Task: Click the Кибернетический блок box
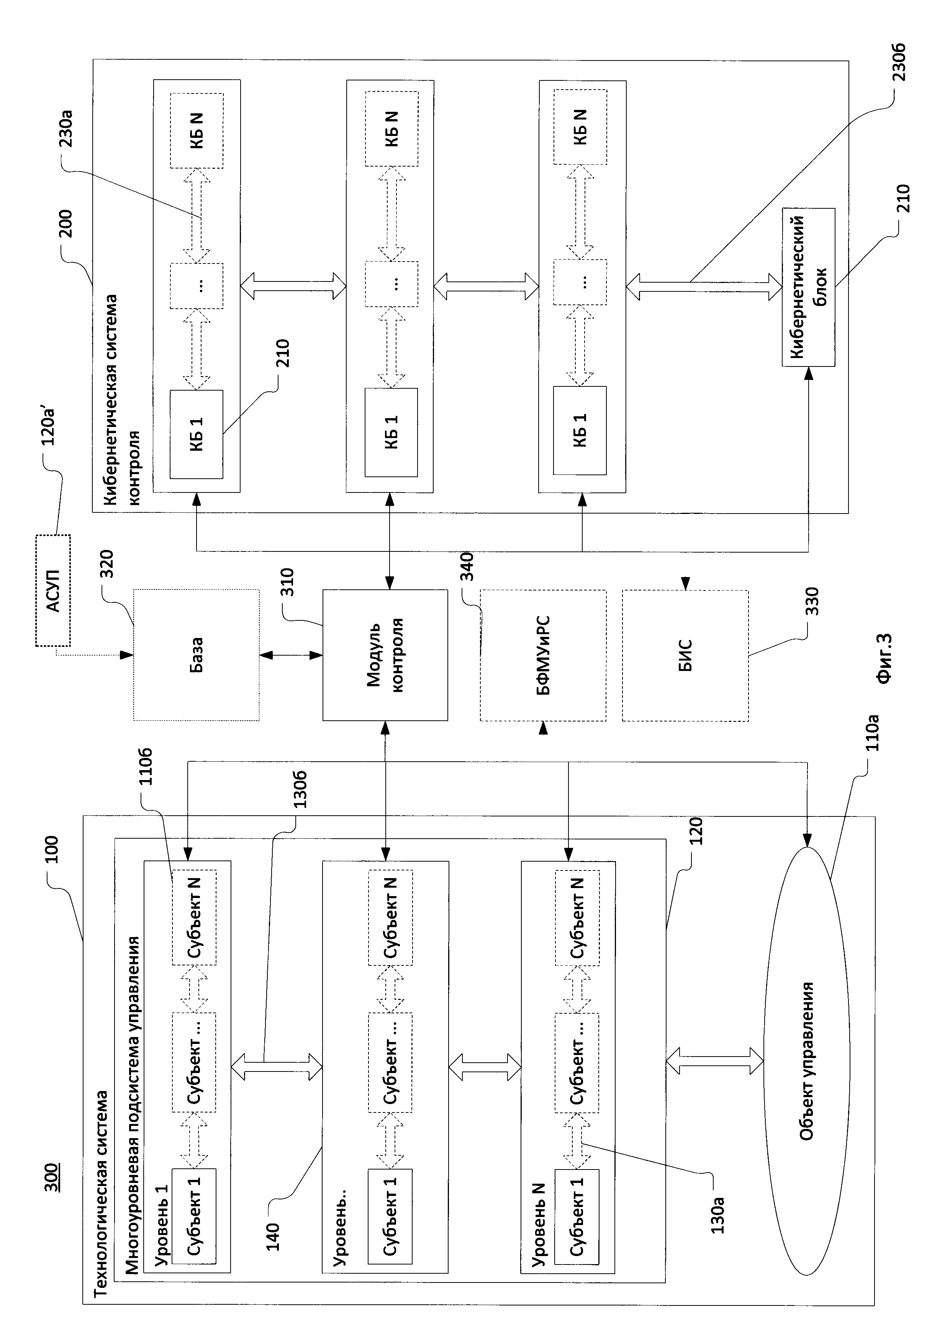pyautogui.click(x=808, y=287)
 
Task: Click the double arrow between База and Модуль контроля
pyautogui.click(x=291, y=655)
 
